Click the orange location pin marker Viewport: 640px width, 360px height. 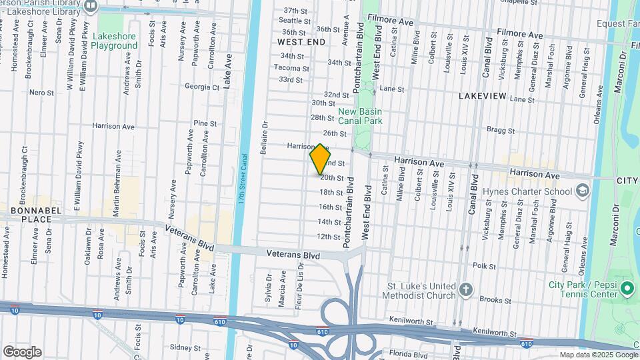320,159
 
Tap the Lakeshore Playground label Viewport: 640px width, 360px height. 115,41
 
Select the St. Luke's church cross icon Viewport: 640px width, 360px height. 465,290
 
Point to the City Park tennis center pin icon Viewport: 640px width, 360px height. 626,289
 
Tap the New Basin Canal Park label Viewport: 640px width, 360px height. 360,117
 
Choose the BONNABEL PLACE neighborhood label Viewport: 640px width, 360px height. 27,215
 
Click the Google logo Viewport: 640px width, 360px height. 22,351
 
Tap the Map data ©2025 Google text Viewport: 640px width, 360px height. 597,355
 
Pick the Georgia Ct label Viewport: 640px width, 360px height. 201,87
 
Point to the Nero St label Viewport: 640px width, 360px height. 41,92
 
